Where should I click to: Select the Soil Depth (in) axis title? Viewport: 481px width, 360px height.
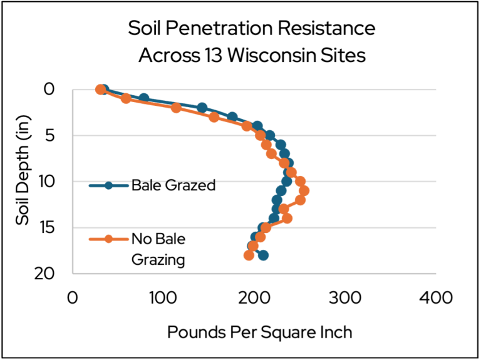pos(24,170)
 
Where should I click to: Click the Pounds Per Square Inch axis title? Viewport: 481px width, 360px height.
pos(259,332)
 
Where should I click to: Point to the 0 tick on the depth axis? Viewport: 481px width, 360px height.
pos(49,90)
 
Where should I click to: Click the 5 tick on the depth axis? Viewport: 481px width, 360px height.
pos(49,135)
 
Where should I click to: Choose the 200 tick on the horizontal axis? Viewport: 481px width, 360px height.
pos(253,297)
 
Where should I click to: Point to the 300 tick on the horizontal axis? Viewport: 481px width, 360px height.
pos(343,297)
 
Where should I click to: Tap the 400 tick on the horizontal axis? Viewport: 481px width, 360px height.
pos(434,297)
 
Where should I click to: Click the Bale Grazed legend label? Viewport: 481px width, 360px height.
pos(173,185)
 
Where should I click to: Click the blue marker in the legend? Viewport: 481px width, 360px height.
pos(108,185)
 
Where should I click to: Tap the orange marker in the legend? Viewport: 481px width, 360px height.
pos(108,239)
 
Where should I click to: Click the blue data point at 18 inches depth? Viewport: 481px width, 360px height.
pos(263,255)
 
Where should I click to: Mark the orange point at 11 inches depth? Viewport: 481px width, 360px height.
pos(304,190)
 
